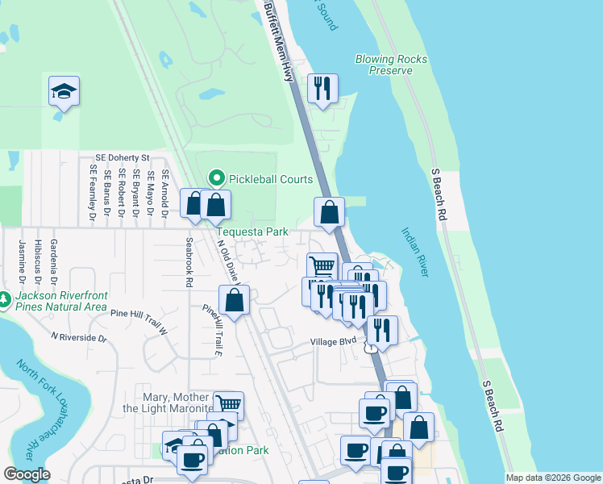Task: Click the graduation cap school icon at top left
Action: coord(64,91)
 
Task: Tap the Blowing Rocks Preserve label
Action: coord(391,65)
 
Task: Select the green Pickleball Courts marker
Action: coord(215,178)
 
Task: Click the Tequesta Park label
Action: coord(252,232)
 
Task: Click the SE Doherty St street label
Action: coord(123,158)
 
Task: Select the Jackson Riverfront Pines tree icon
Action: coord(6,300)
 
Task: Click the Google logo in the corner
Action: coord(27,474)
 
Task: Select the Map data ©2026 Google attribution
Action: coord(553,478)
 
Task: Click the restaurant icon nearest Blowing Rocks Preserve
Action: coord(322,89)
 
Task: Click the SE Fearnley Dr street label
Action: coord(94,194)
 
